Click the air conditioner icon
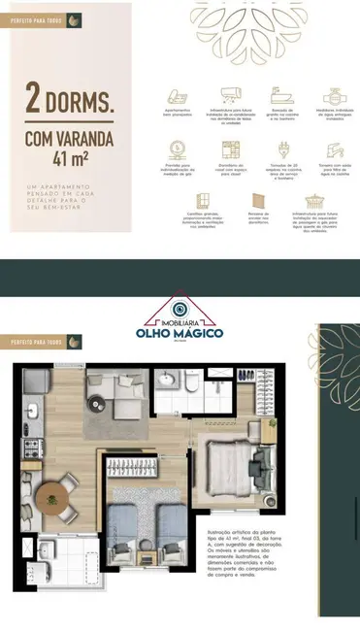tap(230, 95)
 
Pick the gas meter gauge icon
tap(178, 149)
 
